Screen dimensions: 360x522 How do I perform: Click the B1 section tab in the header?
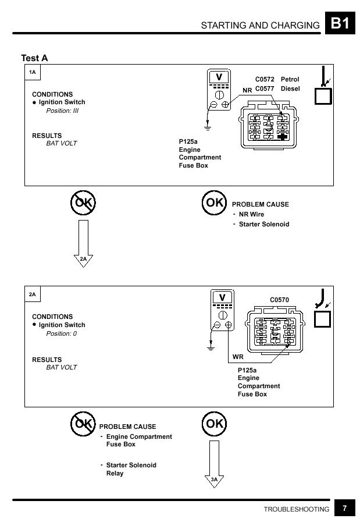[x=340, y=23]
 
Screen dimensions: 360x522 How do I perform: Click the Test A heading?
[x=34, y=58]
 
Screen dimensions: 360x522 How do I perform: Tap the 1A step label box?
[x=33, y=72]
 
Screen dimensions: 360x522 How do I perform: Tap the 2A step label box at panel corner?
[x=33, y=294]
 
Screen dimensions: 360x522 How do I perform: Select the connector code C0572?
[x=265, y=79]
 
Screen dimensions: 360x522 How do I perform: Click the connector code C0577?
[x=265, y=88]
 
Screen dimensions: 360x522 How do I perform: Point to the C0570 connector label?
[x=280, y=300]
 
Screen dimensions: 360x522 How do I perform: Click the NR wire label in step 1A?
[x=247, y=90]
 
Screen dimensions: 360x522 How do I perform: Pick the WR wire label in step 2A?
[x=238, y=357]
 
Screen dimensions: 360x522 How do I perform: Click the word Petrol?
[x=290, y=79]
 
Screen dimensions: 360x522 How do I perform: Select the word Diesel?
[x=290, y=88]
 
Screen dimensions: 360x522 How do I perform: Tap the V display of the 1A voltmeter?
[x=219, y=77]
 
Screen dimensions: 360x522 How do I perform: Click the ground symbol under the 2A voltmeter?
[x=211, y=347]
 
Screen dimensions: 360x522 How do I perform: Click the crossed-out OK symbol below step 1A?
[x=83, y=203]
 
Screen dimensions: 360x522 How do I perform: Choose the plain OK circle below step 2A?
[x=215, y=424]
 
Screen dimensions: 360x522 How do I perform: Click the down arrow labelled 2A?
[x=83, y=244]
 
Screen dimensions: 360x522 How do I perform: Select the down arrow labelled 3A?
[x=214, y=464]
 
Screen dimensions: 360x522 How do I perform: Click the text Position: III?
[x=62, y=111]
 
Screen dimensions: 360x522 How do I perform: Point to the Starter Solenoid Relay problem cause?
[x=131, y=469]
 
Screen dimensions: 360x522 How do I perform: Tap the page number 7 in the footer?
[x=345, y=508]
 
